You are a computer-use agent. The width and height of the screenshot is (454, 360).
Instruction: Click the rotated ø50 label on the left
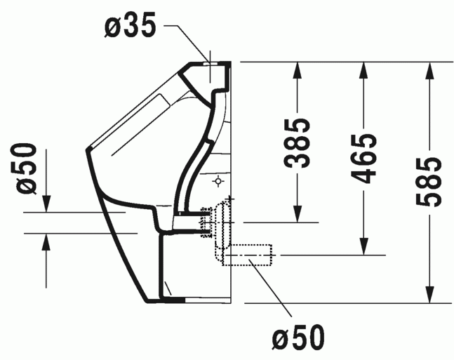(x=26, y=168)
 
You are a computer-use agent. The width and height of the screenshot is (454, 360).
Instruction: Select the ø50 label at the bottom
(x=299, y=338)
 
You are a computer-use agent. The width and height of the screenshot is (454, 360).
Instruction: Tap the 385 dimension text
(x=298, y=143)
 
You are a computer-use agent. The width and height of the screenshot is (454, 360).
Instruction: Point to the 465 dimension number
(x=364, y=157)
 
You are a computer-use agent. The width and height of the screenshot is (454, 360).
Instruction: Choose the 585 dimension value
(x=429, y=182)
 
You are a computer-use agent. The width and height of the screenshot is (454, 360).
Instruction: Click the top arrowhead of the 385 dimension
(x=298, y=69)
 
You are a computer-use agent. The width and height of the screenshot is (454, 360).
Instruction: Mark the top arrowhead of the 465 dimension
(x=363, y=69)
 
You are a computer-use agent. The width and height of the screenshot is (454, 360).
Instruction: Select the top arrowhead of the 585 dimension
(x=429, y=69)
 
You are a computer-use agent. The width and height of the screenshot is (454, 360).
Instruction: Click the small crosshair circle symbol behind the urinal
(x=218, y=182)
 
